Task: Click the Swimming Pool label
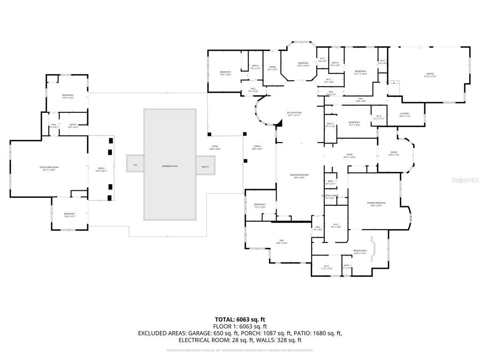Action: (170, 166)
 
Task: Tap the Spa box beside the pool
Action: (135, 165)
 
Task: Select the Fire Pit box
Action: (205, 166)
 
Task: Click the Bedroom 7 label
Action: (69, 215)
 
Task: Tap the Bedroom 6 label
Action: (68, 96)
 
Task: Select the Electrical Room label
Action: (330, 196)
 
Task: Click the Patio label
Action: (215, 147)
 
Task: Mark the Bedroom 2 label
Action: (260, 205)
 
